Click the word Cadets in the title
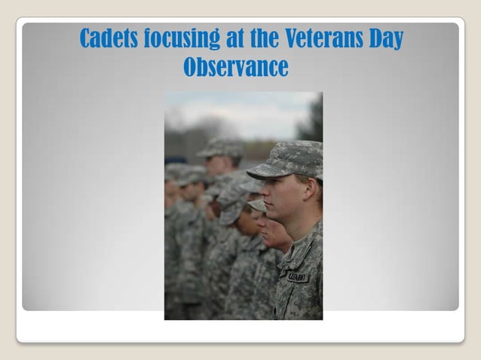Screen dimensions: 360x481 (x=109, y=38)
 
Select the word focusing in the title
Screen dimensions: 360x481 (x=181, y=38)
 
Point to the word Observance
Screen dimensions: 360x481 (x=235, y=67)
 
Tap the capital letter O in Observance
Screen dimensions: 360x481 (x=191, y=67)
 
